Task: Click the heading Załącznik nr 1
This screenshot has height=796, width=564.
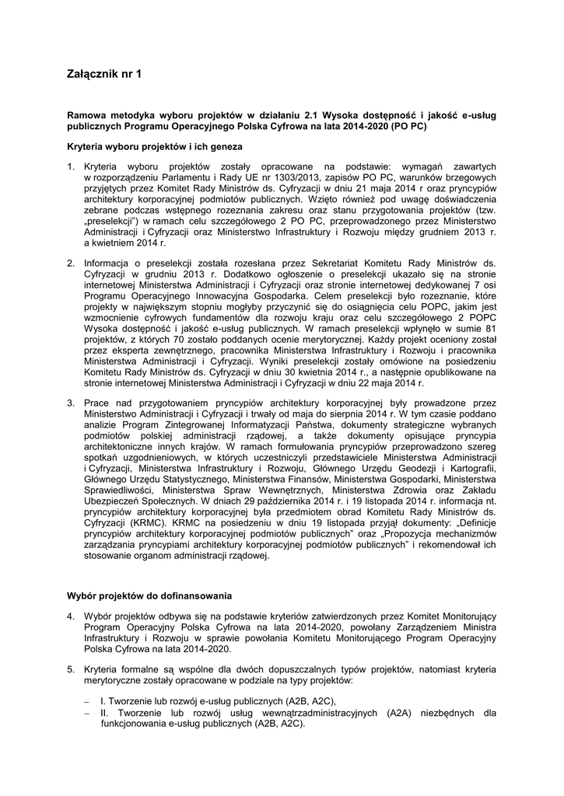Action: point(105,75)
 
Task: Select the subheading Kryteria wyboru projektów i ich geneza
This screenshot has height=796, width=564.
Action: point(154,146)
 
